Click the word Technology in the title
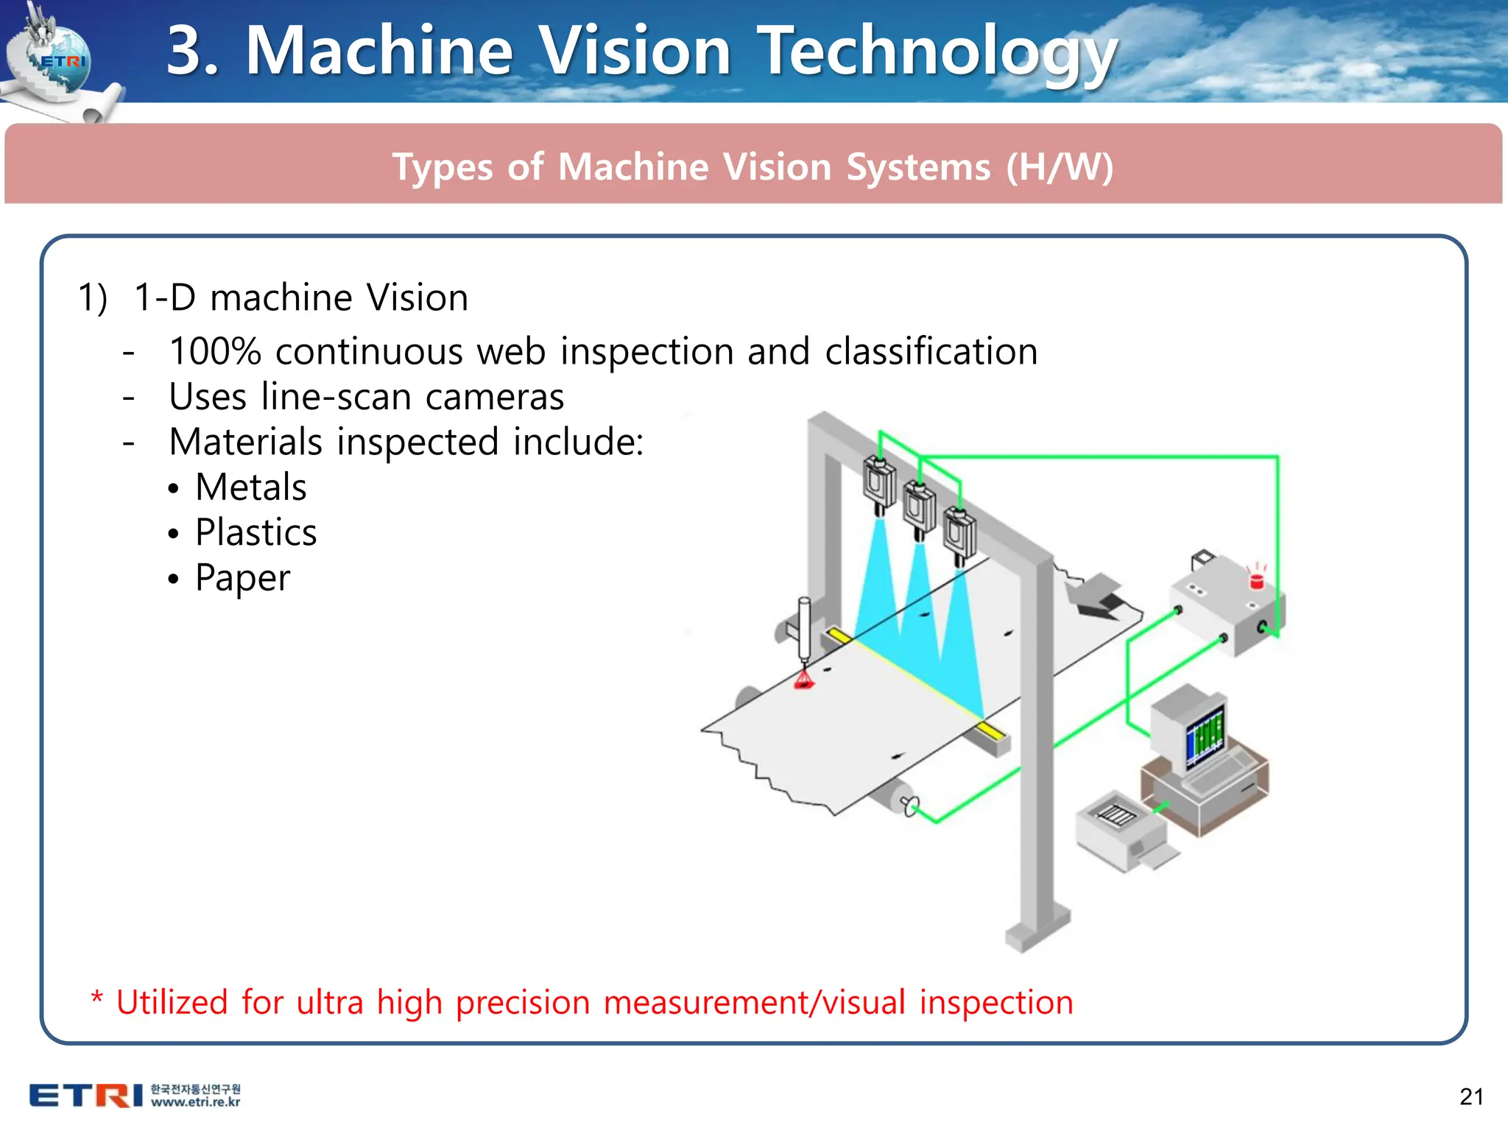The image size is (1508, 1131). pyautogui.click(x=937, y=52)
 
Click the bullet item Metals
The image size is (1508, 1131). pyautogui.click(x=250, y=487)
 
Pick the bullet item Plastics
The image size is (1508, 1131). pyautogui.click(x=256, y=532)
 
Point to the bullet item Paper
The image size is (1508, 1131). pyautogui.click(x=242, y=578)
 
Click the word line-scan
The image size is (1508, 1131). pyautogui.click(x=336, y=397)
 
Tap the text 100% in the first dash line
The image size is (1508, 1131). pyautogui.click(x=215, y=351)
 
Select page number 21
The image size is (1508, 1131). pyautogui.click(x=1471, y=1096)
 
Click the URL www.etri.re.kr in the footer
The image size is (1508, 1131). pyautogui.click(x=195, y=1102)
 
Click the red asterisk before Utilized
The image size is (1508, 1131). pyautogui.click(x=96, y=999)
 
